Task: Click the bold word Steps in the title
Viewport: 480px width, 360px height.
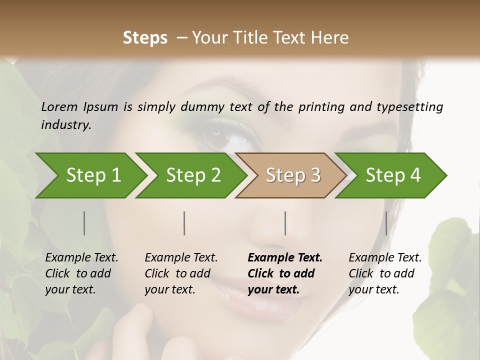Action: (x=145, y=38)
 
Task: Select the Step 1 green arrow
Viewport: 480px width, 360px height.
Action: (x=90, y=175)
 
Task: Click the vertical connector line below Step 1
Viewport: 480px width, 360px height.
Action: (x=84, y=223)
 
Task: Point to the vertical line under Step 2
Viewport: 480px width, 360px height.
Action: (x=184, y=223)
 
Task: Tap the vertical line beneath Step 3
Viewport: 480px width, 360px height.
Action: (x=285, y=223)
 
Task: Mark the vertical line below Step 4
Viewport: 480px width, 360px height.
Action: (x=386, y=223)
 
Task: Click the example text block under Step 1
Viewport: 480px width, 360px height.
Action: (x=81, y=273)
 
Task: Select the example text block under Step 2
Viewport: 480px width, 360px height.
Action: (x=181, y=273)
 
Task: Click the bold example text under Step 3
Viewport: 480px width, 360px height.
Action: (x=285, y=273)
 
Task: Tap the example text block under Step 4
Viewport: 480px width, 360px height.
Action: (x=385, y=273)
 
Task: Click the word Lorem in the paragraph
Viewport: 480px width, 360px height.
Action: (x=59, y=106)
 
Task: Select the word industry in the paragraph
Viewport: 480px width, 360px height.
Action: (x=65, y=125)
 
